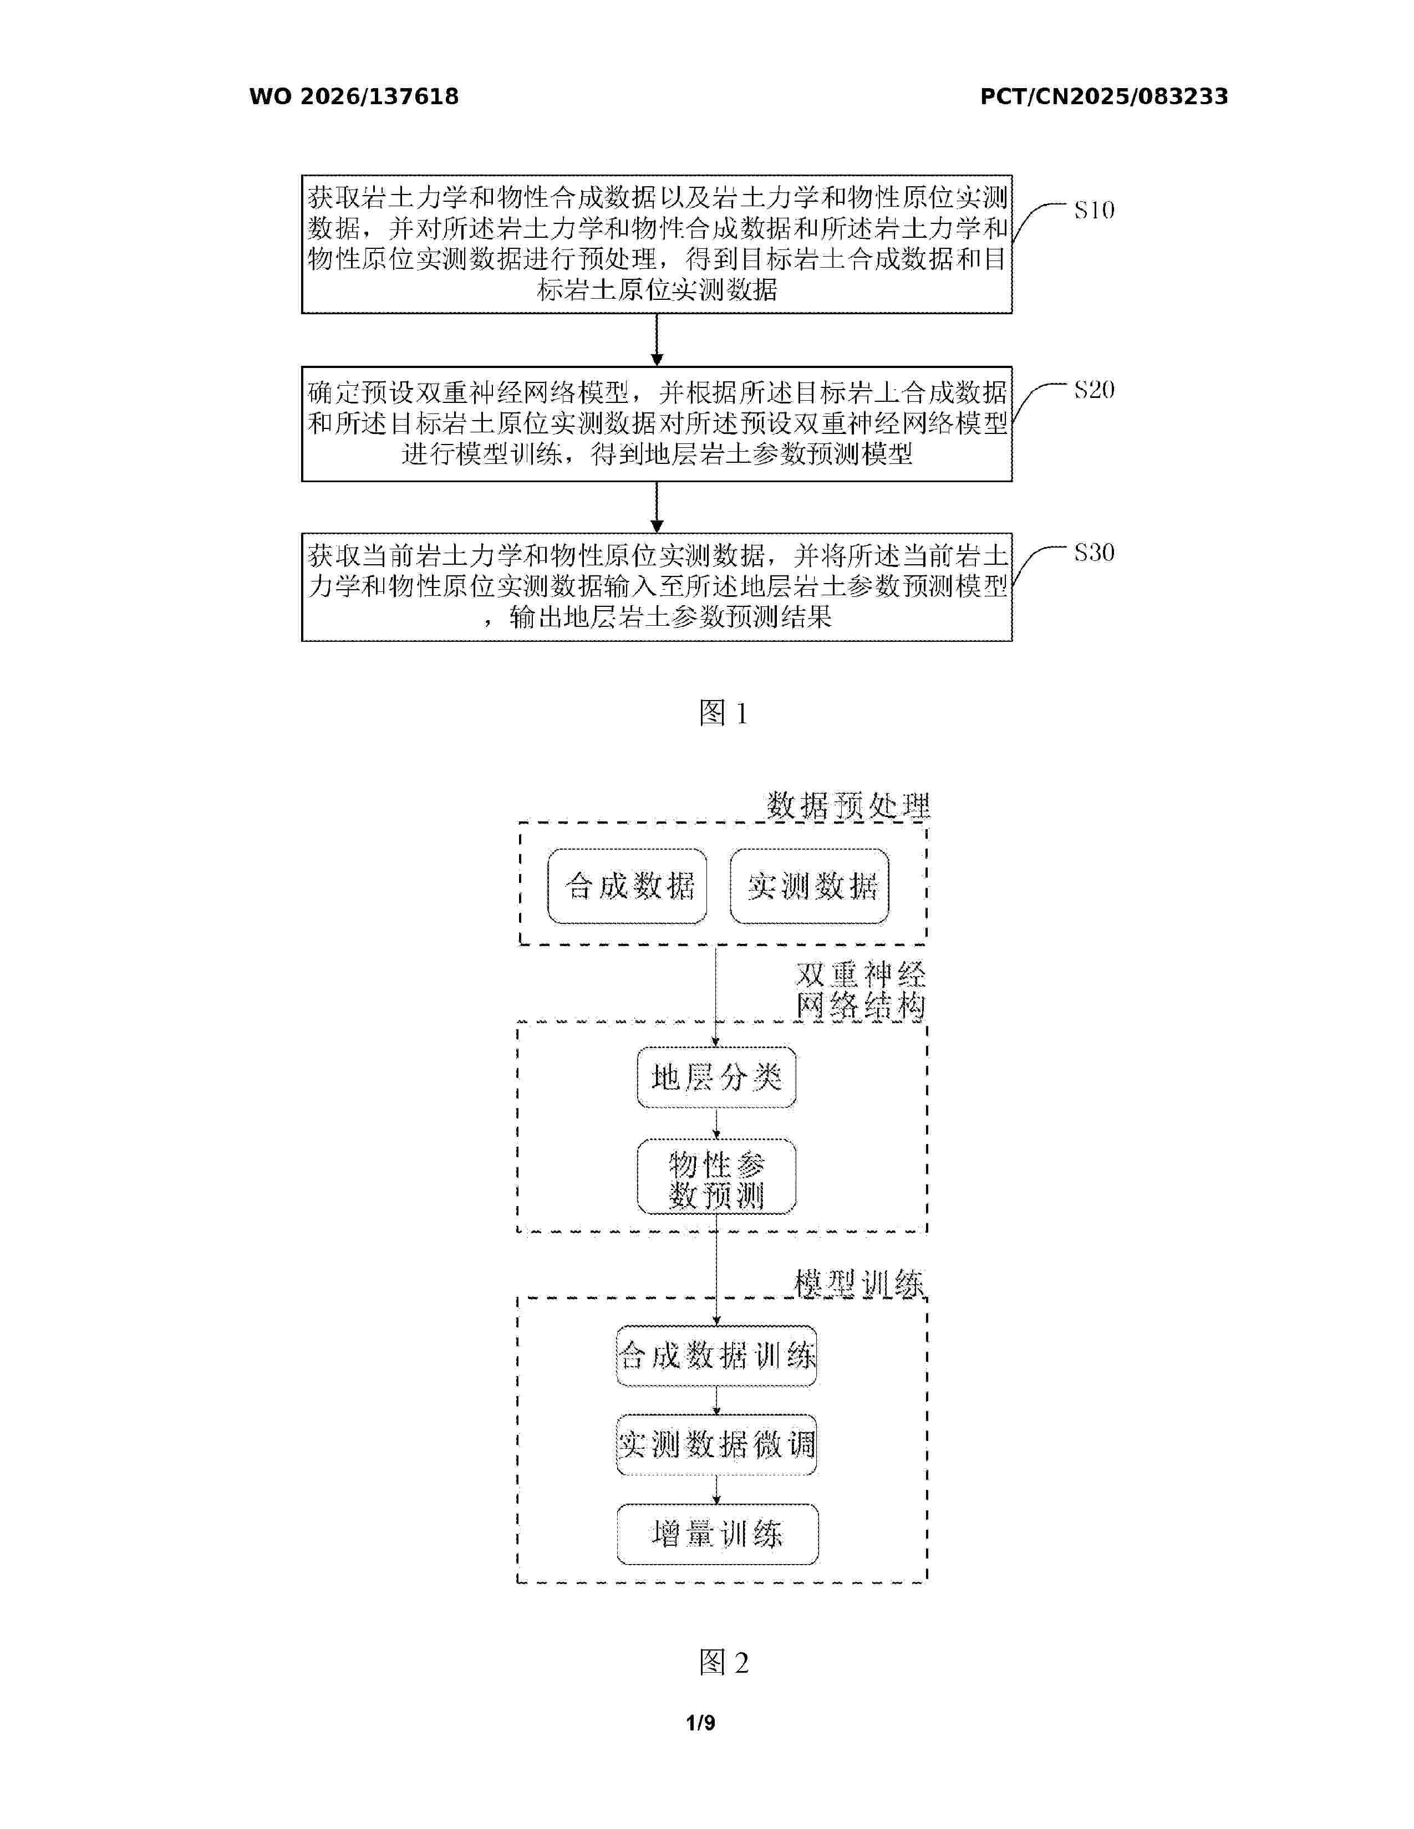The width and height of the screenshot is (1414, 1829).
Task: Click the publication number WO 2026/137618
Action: (354, 97)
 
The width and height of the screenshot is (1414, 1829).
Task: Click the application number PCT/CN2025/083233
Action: (1104, 97)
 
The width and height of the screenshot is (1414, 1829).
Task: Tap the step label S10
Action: (1094, 210)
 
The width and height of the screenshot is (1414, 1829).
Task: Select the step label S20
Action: (1094, 390)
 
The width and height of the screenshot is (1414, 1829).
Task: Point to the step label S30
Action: (1094, 553)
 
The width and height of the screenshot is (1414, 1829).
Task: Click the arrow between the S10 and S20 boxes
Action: (657, 340)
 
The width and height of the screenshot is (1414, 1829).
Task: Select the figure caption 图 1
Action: (723, 713)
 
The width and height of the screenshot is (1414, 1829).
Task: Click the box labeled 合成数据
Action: (627, 886)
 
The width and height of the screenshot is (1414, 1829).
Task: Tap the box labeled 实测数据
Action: (809, 886)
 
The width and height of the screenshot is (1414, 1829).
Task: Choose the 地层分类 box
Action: (716, 1077)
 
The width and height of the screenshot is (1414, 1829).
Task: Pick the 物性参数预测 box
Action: (716, 1177)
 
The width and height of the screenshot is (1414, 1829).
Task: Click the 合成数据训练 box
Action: (716, 1356)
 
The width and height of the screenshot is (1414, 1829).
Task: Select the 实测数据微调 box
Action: (716, 1444)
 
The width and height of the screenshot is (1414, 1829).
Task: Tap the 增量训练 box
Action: (717, 1534)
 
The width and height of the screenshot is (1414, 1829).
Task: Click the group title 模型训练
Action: (858, 1283)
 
